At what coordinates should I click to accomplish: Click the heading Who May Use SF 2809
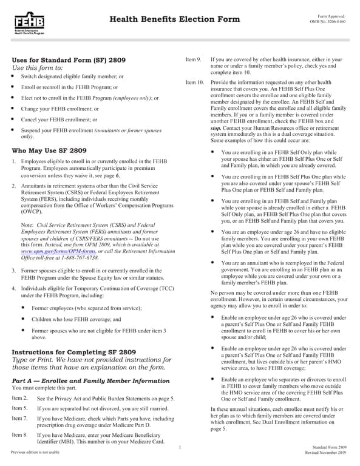[49, 150]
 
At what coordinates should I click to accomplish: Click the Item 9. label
[192, 60]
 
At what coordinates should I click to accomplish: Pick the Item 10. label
[194, 82]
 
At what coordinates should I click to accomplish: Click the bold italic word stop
[215, 129]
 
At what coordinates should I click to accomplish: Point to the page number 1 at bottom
[180, 448]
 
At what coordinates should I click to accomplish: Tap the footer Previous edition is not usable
[35, 452]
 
